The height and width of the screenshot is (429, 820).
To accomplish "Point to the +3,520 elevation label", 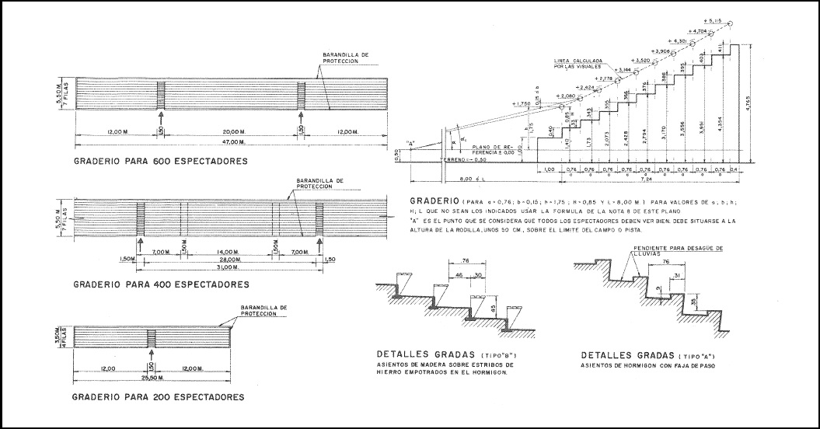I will (620, 60).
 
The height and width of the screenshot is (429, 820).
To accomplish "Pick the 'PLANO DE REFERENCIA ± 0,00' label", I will (494, 149).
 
